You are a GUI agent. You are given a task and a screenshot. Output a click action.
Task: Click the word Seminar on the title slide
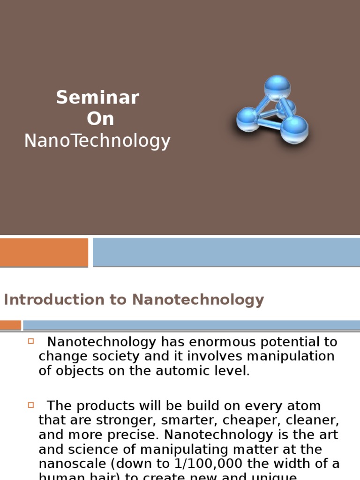97,97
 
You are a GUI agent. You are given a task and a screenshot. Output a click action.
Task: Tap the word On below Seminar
100,119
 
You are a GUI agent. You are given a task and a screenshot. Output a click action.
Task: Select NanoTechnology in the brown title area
97,141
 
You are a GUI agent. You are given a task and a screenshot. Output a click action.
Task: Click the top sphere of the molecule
277,88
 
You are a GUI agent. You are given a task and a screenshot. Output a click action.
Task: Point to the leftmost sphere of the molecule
247,119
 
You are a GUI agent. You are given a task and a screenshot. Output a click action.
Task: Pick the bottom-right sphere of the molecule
294,129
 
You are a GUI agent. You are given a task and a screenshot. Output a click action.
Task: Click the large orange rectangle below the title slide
44,252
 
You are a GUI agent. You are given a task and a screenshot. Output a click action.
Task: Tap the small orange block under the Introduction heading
10,325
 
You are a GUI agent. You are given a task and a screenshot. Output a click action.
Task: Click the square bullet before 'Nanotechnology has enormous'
31,341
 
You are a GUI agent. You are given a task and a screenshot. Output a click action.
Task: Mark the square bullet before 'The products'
31,404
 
